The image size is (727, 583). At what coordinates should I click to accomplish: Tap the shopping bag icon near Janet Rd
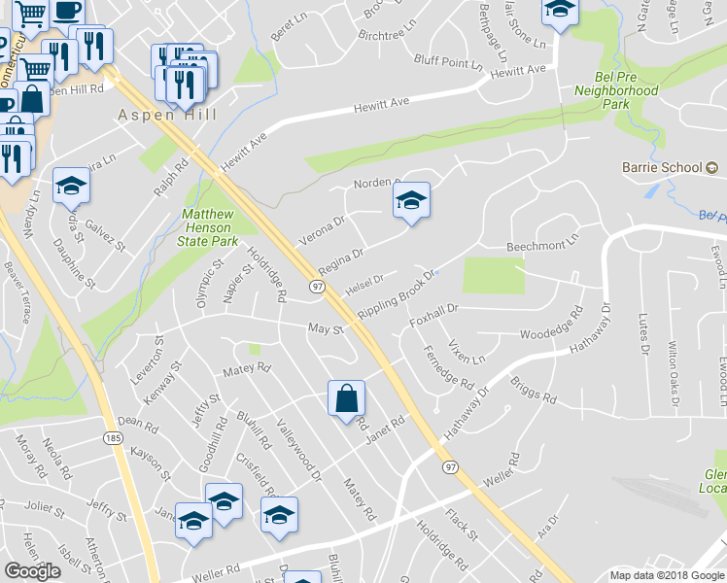coord(346,398)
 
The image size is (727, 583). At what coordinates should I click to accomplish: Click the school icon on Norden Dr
coord(411,201)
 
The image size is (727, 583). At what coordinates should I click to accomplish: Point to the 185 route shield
coord(115,440)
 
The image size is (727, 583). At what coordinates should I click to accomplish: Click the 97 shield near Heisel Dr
coord(317,287)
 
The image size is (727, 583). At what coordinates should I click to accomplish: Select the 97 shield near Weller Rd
coord(449,467)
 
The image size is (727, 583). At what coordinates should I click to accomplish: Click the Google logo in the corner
coord(32,571)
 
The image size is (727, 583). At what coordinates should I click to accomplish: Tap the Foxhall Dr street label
coord(433,313)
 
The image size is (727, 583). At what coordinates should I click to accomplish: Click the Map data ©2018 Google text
coord(666,575)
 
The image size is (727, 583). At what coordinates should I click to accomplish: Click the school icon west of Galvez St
coord(71,186)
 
